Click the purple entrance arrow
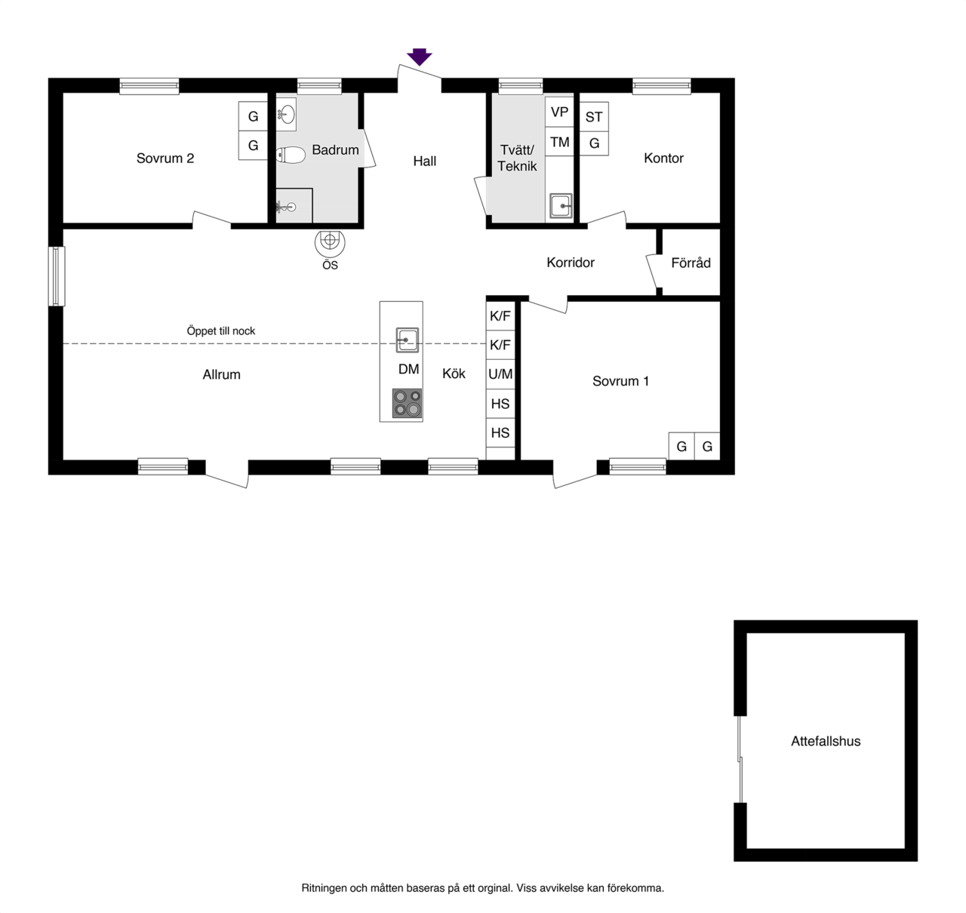(x=419, y=56)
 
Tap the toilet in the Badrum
(x=291, y=155)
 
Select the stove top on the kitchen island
(x=407, y=403)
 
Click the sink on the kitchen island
(x=408, y=340)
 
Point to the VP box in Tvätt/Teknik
(x=559, y=112)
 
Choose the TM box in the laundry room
(x=559, y=142)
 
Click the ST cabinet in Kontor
(x=594, y=117)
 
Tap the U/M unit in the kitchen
(x=500, y=374)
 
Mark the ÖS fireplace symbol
(x=330, y=244)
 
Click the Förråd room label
(x=691, y=263)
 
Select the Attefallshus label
(x=826, y=741)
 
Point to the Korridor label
(x=571, y=263)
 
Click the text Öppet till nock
(x=220, y=330)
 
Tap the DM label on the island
(x=409, y=369)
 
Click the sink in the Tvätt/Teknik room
(x=561, y=206)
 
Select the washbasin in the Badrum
(x=287, y=115)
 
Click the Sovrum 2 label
(x=165, y=158)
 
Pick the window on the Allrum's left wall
(x=57, y=276)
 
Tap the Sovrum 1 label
(x=620, y=381)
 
